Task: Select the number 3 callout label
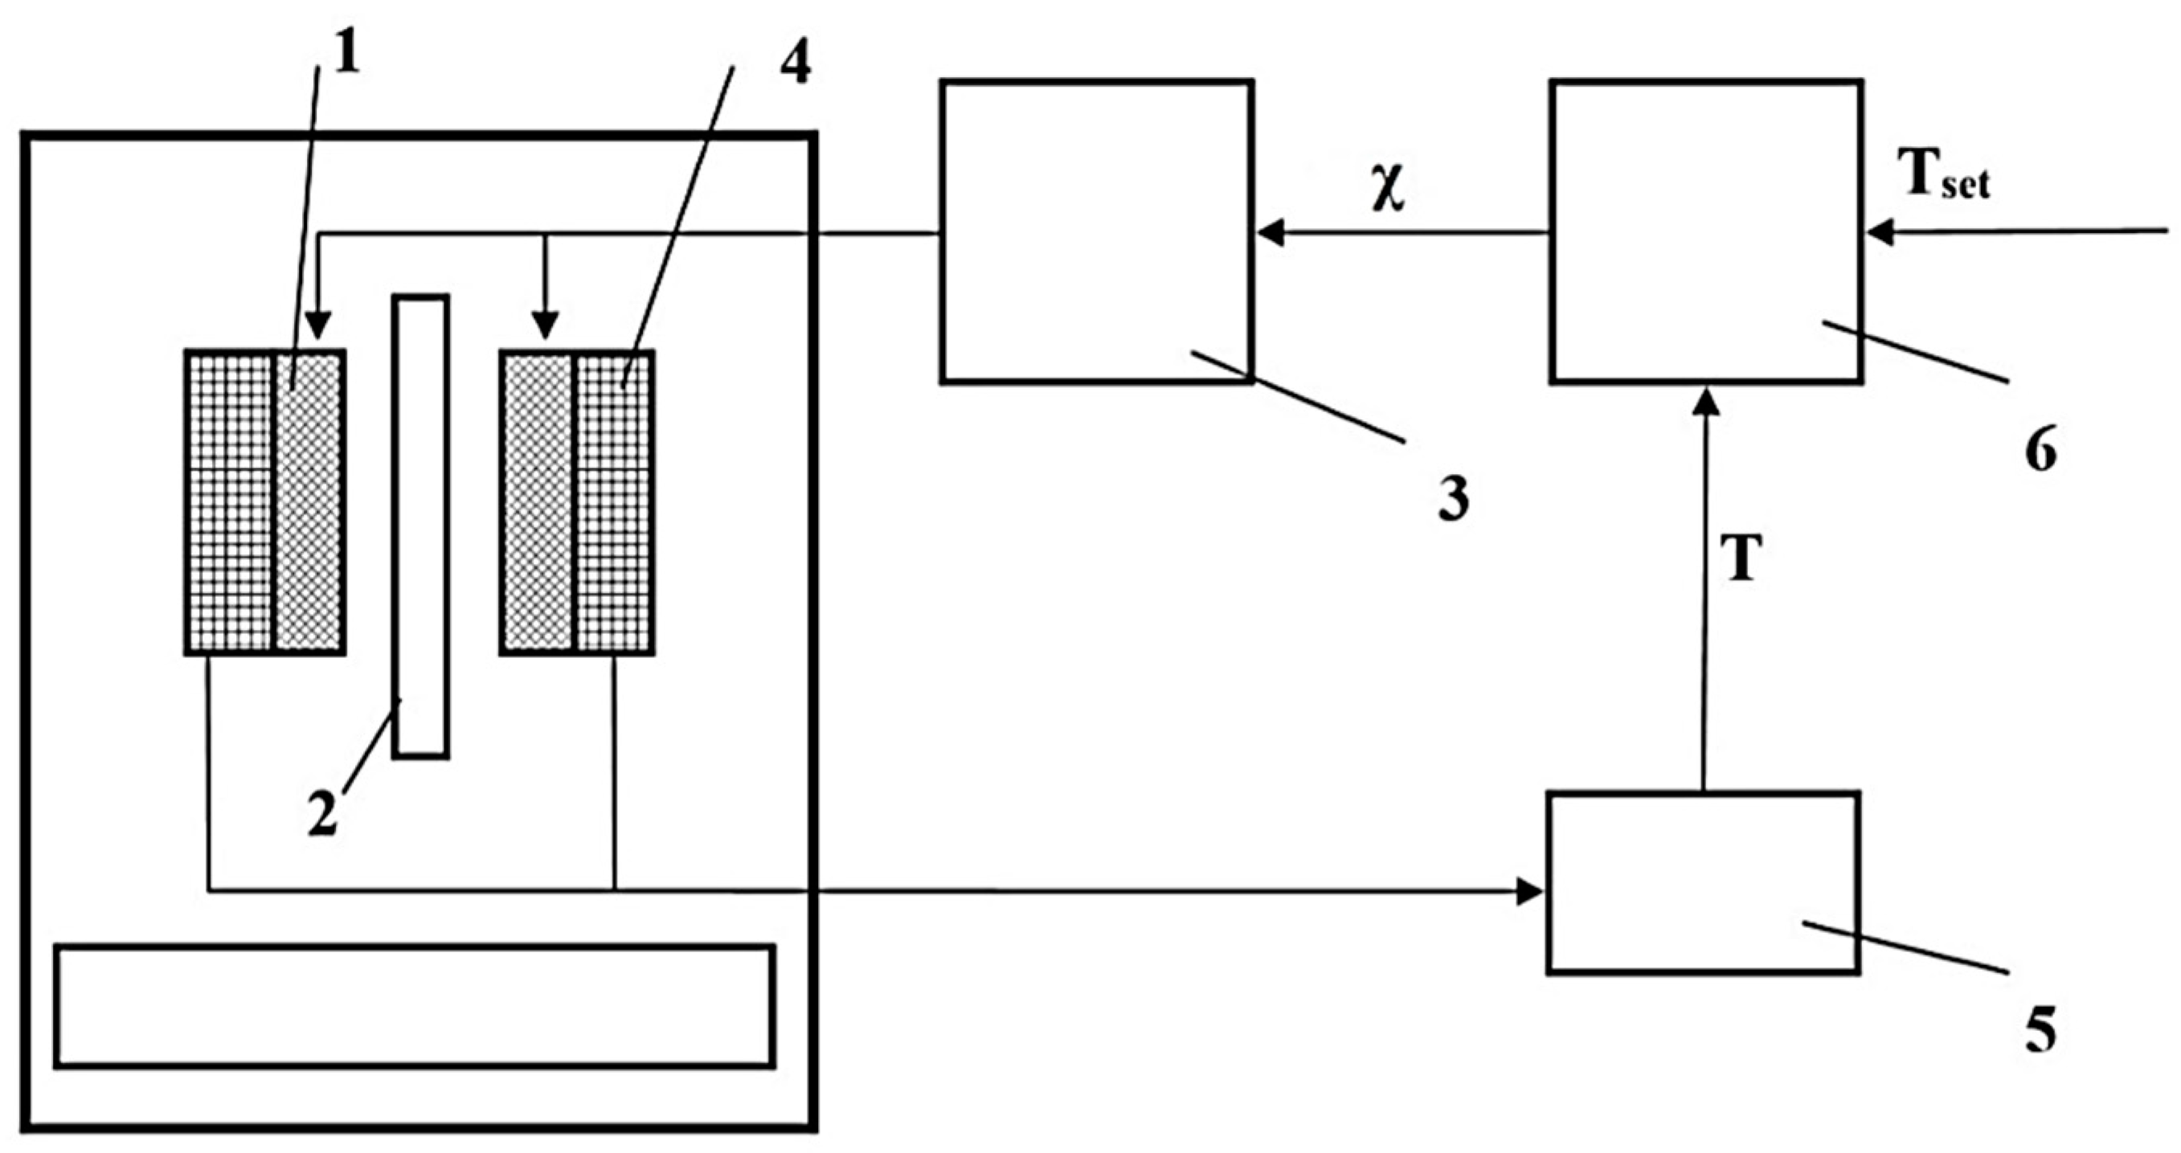click(x=1453, y=500)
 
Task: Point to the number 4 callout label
click(x=795, y=61)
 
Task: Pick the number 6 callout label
click(x=2040, y=451)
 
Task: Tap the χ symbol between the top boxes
click(x=1389, y=188)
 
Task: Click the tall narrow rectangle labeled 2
click(x=421, y=525)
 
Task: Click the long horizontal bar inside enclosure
click(x=414, y=1006)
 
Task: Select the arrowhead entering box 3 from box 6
click(x=1271, y=231)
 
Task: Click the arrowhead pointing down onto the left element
click(x=317, y=325)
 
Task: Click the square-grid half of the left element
click(x=231, y=502)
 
